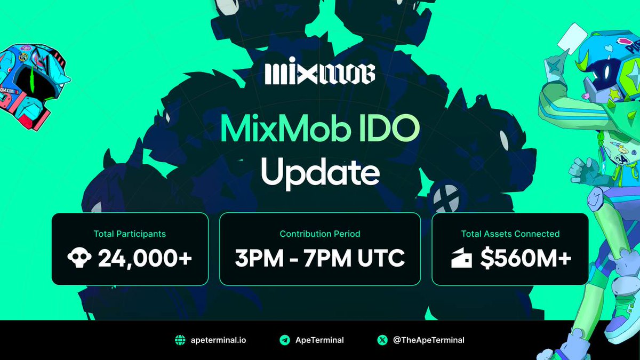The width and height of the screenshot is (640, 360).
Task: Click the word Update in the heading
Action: point(320,171)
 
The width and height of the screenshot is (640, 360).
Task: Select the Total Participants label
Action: point(130,234)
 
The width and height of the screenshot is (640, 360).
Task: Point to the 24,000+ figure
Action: point(145,259)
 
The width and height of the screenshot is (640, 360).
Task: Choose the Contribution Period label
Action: point(320,234)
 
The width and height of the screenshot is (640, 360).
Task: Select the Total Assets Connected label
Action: point(510,234)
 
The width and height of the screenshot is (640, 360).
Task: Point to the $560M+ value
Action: point(525,259)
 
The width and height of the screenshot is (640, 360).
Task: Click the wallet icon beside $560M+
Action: point(461,260)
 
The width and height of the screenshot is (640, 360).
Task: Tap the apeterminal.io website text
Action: point(219,340)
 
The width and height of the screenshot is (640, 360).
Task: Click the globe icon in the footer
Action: point(180,340)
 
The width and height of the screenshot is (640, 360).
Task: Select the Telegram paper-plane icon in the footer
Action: point(285,340)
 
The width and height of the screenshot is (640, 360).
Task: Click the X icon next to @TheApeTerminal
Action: point(382,340)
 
